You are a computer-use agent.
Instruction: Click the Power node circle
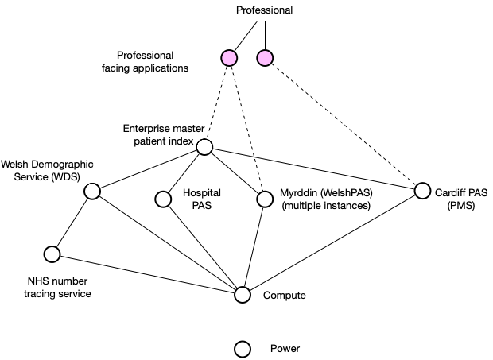pyautogui.click(x=243, y=349)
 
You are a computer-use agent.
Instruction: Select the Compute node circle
pyautogui.click(x=243, y=295)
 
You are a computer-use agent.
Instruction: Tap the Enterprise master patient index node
pyautogui.click(x=204, y=147)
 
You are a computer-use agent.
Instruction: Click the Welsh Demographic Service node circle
pyautogui.click(x=91, y=192)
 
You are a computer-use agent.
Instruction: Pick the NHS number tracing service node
pyautogui.click(x=52, y=254)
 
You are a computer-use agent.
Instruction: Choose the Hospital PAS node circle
pyautogui.click(x=163, y=199)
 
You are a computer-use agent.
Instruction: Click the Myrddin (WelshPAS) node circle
pyautogui.click(x=265, y=199)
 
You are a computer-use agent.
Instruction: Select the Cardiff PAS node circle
pyautogui.click(x=422, y=192)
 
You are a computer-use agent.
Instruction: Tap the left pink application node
pyautogui.click(x=229, y=58)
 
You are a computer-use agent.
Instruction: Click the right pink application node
pyautogui.click(x=265, y=58)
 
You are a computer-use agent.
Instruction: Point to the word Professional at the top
pyautogui.click(x=265, y=10)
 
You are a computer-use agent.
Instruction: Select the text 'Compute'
pyautogui.click(x=284, y=296)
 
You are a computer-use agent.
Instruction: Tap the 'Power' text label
pyautogui.click(x=284, y=349)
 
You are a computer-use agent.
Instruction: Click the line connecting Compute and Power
pyautogui.click(x=243, y=322)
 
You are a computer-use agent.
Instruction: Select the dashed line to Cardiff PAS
pyautogui.click(x=342, y=123)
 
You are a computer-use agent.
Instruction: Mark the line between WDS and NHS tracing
pyautogui.click(x=72, y=223)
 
